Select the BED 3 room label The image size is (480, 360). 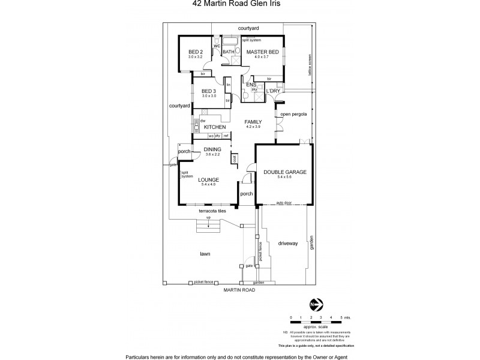click(209, 91)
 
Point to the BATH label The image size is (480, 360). click(229, 52)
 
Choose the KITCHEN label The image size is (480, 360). click(215, 127)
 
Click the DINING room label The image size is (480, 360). click(212, 149)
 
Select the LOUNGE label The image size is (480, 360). click(209, 179)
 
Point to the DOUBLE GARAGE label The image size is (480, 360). click(285, 172)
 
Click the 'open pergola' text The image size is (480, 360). click(294, 114)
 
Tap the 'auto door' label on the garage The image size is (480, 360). click(285, 203)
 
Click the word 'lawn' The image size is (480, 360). click(205, 254)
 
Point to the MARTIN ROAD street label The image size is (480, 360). click(239, 290)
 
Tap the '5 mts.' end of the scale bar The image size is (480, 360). click(344, 316)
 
